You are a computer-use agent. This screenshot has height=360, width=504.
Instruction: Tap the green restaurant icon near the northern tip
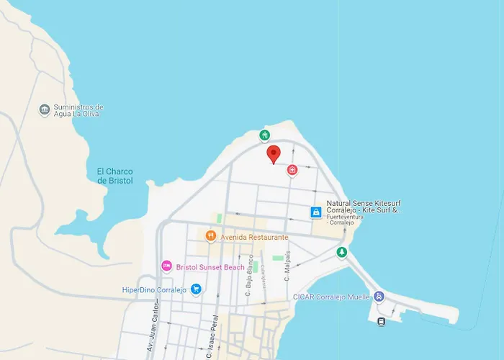265,135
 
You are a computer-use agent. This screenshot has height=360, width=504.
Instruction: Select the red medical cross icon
292,170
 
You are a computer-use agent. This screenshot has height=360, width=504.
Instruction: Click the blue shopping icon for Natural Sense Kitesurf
315,212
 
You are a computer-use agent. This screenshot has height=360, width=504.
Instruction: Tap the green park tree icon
342,252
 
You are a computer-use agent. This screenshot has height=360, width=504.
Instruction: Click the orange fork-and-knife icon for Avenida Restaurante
210,235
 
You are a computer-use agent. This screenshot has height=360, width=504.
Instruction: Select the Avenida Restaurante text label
255,237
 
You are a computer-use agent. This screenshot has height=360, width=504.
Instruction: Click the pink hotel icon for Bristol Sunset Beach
166,266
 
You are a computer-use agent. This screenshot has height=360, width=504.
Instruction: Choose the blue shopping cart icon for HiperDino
196,289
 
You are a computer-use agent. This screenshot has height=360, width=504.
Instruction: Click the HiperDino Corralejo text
154,290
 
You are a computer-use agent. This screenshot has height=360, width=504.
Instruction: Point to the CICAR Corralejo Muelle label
331,296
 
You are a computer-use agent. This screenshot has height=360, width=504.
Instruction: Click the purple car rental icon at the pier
379,296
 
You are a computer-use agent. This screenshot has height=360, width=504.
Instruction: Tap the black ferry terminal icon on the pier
380,321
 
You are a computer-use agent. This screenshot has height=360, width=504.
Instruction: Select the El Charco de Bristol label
115,176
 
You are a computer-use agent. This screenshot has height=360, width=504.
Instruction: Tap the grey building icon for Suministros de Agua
45,109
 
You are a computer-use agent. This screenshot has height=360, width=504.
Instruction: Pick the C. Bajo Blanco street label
249,276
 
